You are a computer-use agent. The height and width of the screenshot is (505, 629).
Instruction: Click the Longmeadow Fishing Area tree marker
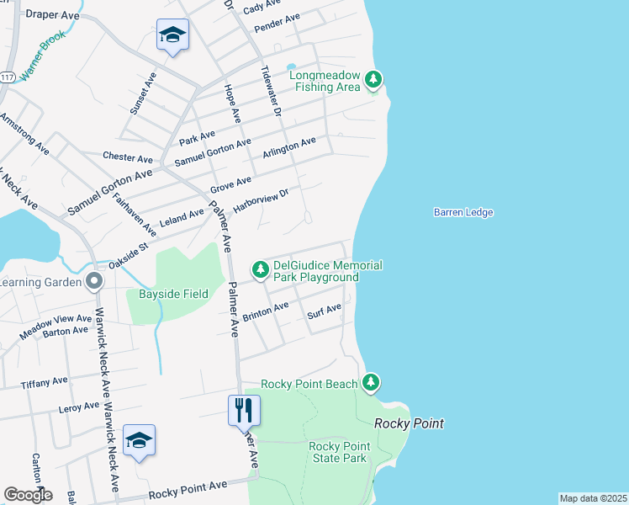point(374,81)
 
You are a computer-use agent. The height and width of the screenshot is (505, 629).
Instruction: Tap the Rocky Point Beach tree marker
point(371,383)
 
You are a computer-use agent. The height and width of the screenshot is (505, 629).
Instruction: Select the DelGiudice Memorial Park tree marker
point(261,269)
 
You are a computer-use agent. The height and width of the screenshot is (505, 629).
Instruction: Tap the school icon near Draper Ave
point(172,35)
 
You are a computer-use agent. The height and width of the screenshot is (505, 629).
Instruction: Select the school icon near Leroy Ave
point(139,441)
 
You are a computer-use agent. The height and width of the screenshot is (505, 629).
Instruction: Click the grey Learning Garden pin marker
point(94,281)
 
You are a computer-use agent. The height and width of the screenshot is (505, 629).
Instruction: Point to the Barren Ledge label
point(463,213)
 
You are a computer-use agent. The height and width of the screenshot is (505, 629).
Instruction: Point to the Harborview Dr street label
point(261,200)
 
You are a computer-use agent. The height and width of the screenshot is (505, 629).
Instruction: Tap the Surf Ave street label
point(324,312)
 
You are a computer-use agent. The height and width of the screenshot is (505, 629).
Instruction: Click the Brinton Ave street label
point(265,312)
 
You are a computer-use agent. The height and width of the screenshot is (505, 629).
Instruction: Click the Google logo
point(27,495)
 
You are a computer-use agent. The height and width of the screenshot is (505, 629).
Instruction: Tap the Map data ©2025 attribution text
point(593,498)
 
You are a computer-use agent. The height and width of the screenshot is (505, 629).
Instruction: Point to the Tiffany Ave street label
point(44,382)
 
